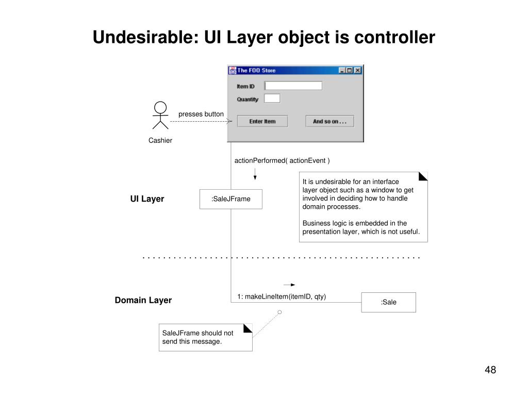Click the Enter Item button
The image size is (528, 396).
pyautogui.click(x=262, y=121)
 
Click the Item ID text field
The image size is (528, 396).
pyautogui.click(x=293, y=86)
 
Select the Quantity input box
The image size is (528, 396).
pyautogui.click(x=272, y=98)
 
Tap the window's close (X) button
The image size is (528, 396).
pyautogui.click(x=358, y=70)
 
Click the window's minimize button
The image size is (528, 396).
pyautogui.click(x=342, y=70)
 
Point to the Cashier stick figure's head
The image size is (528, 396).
pyautogui.click(x=160, y=107)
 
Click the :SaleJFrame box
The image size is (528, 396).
pyautogui.click(x=231, y=199)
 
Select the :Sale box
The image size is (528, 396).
pyautogui.click(x=388, y=302)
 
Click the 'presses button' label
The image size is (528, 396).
pyautogui.click(x=201, y=114)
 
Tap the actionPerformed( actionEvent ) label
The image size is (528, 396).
pyautogui.click(x=282, y=160)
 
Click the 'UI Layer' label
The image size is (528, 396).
pyautogui.click(x=147, y=199)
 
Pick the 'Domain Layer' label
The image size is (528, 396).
pyautogui.click(x=143, y=300)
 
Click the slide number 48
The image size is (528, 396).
pyautogui.click(x=490, y=370)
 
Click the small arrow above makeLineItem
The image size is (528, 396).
pyautogui.click(x=290, y=284)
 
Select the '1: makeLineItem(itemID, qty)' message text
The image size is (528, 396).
pyautogui.click(x=282, y=296)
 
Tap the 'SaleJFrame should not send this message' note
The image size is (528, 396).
pyautogui.click(x=205, y=337)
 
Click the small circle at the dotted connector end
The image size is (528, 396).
pyautogui.click(x=279, y=312)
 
